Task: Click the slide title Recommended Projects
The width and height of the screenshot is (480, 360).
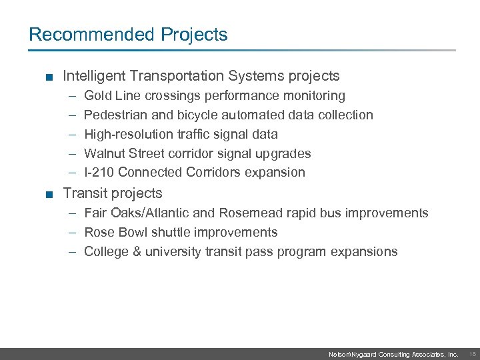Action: pyautogui.click(x=128, y=34)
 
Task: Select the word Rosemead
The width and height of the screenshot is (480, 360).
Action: pyautogui.click(x=248, y=213)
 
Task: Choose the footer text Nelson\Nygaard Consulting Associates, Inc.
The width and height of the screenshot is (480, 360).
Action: pyautogui.click(x=393, y=355)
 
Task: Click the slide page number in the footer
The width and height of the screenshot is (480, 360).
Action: pyautogui.click(x=472, y=355)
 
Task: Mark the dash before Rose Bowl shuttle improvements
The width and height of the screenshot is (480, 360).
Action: pyautogui.click(x=71, y=233)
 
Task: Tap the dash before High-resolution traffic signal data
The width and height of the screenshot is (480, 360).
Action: pyautogui.click(x=71, y=134)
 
